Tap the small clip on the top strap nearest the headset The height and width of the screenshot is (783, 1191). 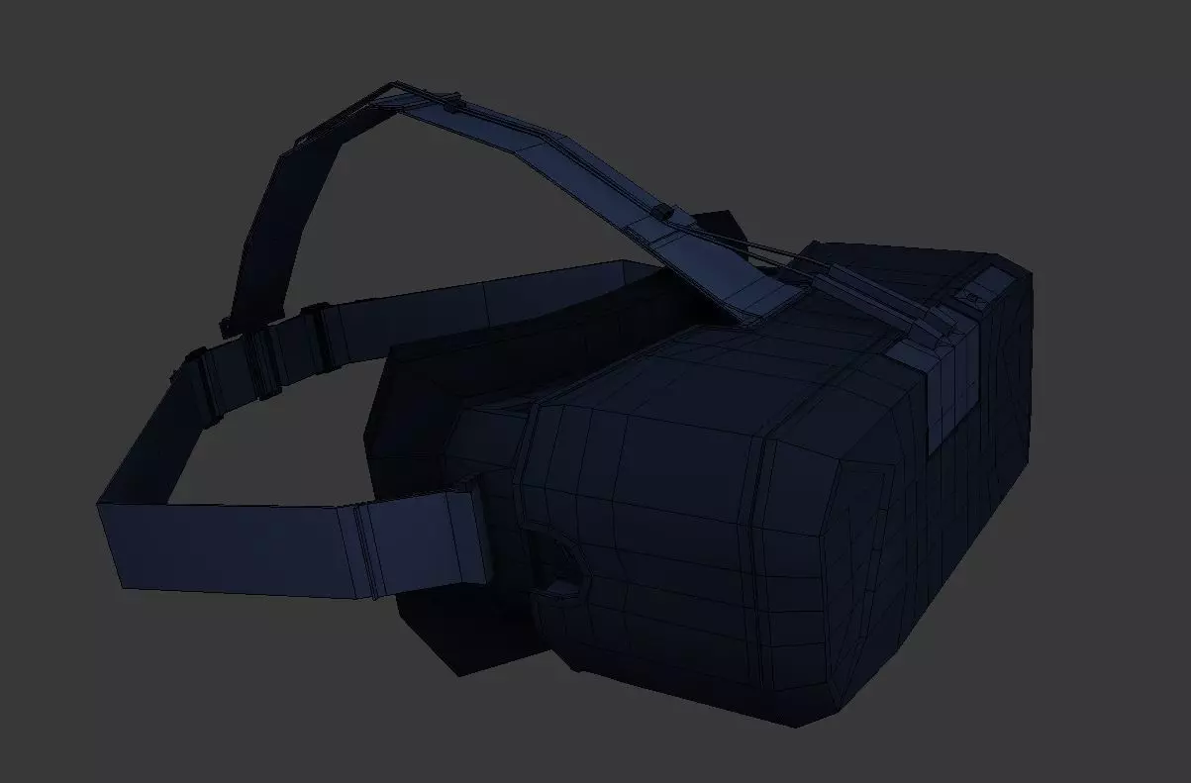click(661, 215)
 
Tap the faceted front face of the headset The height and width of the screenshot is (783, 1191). click(921, 554)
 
